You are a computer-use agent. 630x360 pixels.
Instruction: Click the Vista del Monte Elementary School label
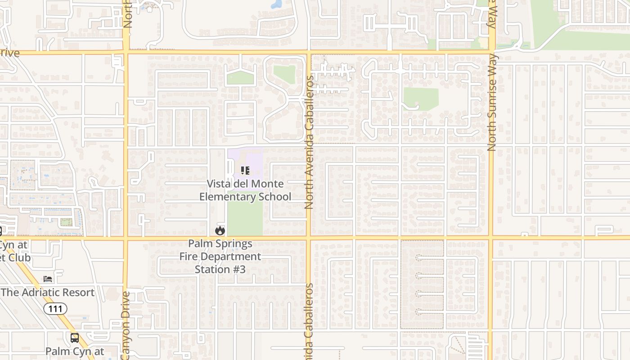tap(245, 190)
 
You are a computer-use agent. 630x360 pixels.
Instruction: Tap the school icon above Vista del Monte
tap(245, 171)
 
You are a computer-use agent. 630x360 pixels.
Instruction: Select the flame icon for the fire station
tap(220, 231)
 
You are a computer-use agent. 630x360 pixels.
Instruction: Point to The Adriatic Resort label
tap(48, 292)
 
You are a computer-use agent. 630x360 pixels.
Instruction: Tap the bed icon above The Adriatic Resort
tap(48, 279)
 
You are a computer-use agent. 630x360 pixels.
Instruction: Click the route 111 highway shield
tap(55, 309)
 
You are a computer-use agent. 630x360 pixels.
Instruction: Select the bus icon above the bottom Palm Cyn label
tap(75, 337)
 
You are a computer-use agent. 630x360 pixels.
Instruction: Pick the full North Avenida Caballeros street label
tap(309, 142)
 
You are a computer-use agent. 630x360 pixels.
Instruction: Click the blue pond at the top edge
tap(276, 4)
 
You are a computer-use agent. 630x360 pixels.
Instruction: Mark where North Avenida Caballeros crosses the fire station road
tap(309, 237)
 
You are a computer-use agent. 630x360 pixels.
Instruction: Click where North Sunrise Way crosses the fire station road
tap(491, 237)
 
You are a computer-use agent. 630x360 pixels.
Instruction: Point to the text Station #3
tap(220, 270)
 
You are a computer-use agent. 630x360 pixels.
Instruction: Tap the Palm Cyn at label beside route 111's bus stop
tap(75, 351)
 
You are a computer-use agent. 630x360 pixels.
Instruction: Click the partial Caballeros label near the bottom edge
tap(309, 322)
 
